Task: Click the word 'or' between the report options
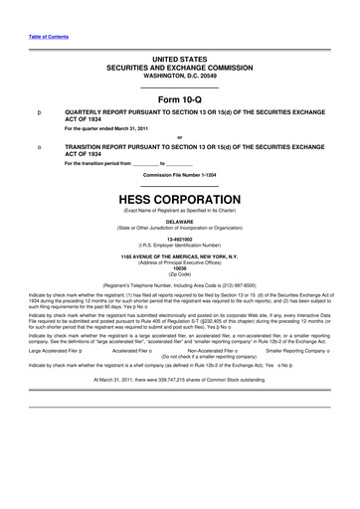pyautogui.click(x=179, y=135)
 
